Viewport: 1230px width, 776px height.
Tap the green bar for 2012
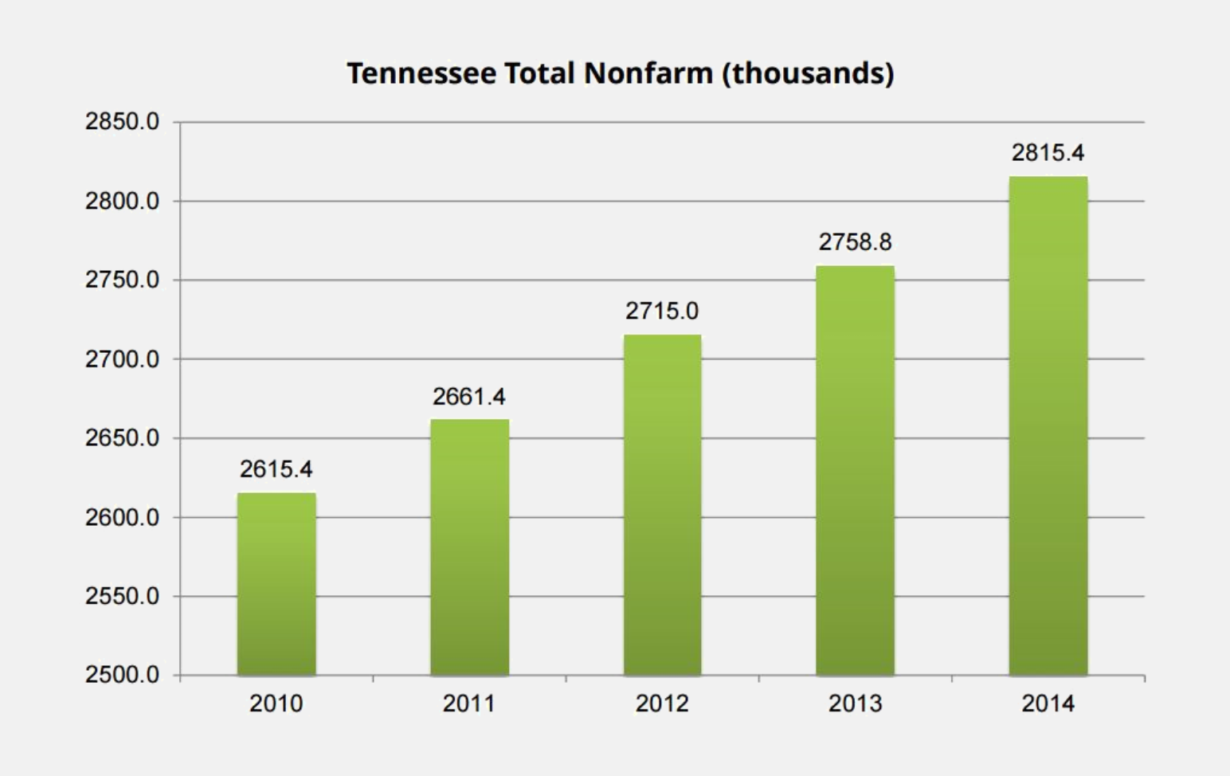662,505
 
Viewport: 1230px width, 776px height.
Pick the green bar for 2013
855,470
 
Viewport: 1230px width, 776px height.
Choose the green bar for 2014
1048,425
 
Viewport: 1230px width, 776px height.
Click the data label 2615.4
276,469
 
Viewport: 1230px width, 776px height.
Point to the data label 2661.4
469,396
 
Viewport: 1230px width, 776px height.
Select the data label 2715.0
662,311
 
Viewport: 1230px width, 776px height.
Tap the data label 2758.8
855,242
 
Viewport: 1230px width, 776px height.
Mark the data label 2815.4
1048,153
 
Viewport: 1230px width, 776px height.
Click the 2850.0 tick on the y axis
122,122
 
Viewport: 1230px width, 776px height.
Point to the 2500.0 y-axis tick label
122,675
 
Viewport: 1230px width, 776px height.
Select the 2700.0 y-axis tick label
122,359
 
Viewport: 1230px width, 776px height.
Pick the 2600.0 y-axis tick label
122,517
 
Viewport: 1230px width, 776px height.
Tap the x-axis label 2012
662,703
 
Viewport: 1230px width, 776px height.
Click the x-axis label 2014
1048,703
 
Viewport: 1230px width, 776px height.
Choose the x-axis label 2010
276,703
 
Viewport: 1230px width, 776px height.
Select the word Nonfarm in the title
648,73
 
